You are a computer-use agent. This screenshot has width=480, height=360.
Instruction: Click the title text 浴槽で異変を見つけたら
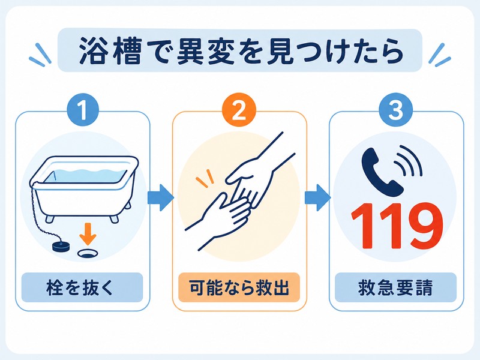coord(241,51)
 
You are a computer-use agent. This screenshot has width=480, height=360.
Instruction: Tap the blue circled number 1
coord(83,110)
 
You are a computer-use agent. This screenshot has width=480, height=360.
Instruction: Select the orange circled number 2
coord(239,110)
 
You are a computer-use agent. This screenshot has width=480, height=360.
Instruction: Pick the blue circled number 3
coord(396,110)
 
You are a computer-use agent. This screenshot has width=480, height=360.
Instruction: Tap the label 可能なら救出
coord(239,287)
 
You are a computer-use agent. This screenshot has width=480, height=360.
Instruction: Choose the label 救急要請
coord(395,287)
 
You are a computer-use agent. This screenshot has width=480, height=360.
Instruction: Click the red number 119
coord(397,227)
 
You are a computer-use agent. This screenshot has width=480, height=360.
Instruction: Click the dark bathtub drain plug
coord(62,245)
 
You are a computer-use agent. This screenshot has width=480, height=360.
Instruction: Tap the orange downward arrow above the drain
coord(88,233)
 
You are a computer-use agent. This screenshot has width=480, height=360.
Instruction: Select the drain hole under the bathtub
coord(88,253)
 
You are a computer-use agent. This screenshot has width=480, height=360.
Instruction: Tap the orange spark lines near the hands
coord(205,178)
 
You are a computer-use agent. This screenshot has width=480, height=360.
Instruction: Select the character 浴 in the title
coord(92,51)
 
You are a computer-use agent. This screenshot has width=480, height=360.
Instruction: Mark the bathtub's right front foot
coord(114,218)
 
